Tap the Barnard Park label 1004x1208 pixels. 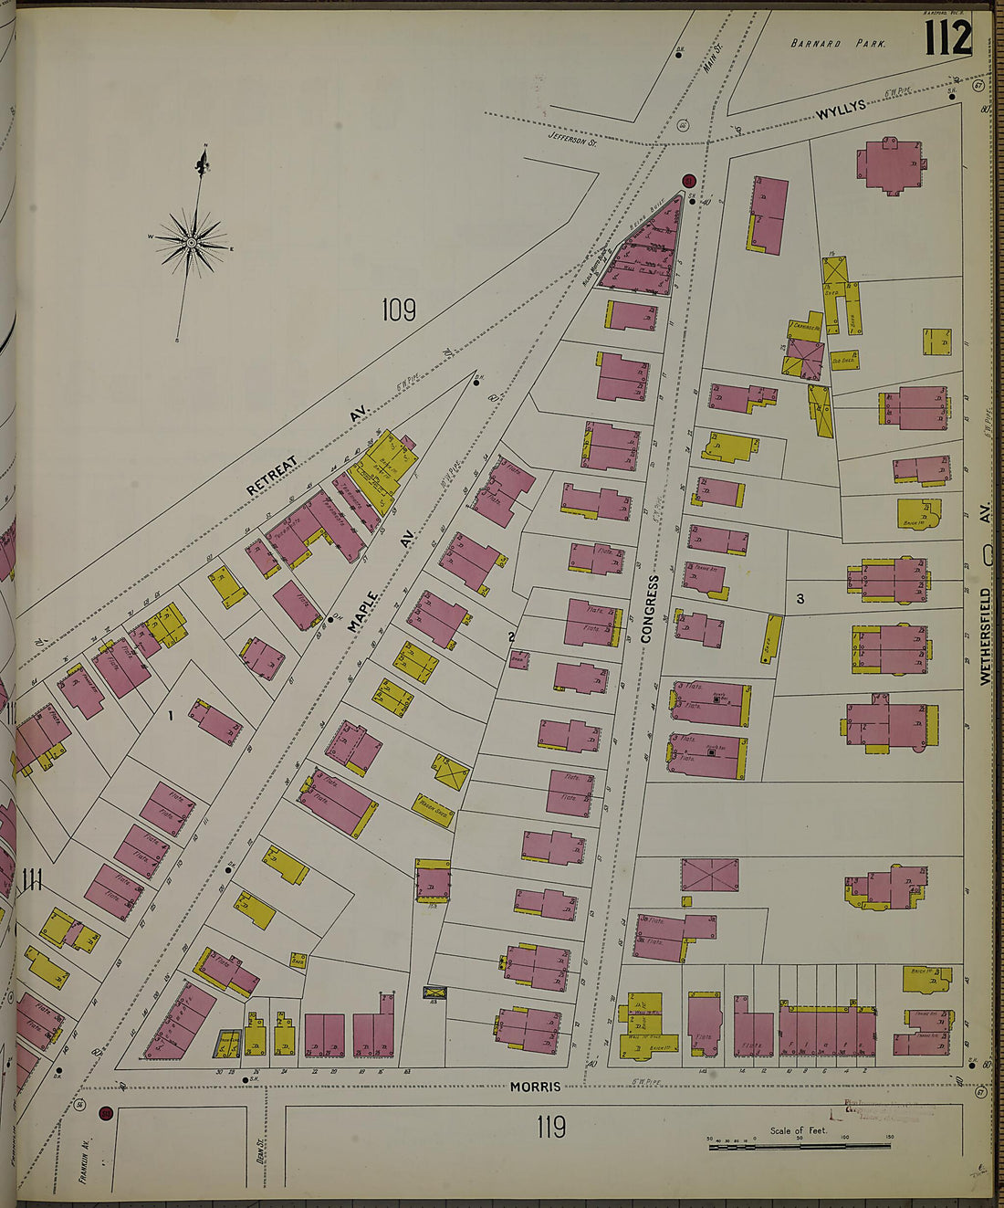pyautogui.click(x=837, y=44)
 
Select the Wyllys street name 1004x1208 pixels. pyautogui.click(x=840, y=111)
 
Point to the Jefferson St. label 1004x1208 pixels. pyautogui.click(x=572, y=138)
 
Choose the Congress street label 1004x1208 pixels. pyautogui.click(x=649, y=609)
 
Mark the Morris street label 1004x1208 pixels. pyautogui.click(x=535, y=1087)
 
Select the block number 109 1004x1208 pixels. pyautogui.click(x=399, y=310)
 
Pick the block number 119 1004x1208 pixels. pyautogui.click(x=551, y=1128)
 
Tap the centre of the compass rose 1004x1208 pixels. pyautogui.click(x=192, y=243)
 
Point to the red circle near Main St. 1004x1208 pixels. pyautogui.click(x=688, y=181)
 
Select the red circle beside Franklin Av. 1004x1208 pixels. pyautogui.click(x=105, y=1113)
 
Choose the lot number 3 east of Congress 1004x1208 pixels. pyautogui.click(x=800, y=599)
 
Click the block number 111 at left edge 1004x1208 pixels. pyautogui.click(x=33, y=881)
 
